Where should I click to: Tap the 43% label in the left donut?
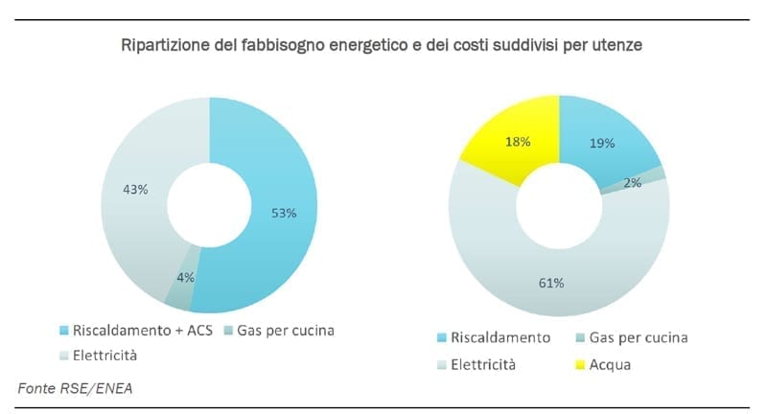[x=135, y=190]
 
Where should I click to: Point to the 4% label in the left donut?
[x=185, y=277]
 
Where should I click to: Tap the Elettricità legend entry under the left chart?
[x=104, y=355]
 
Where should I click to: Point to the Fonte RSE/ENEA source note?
[x=76, y=388]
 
